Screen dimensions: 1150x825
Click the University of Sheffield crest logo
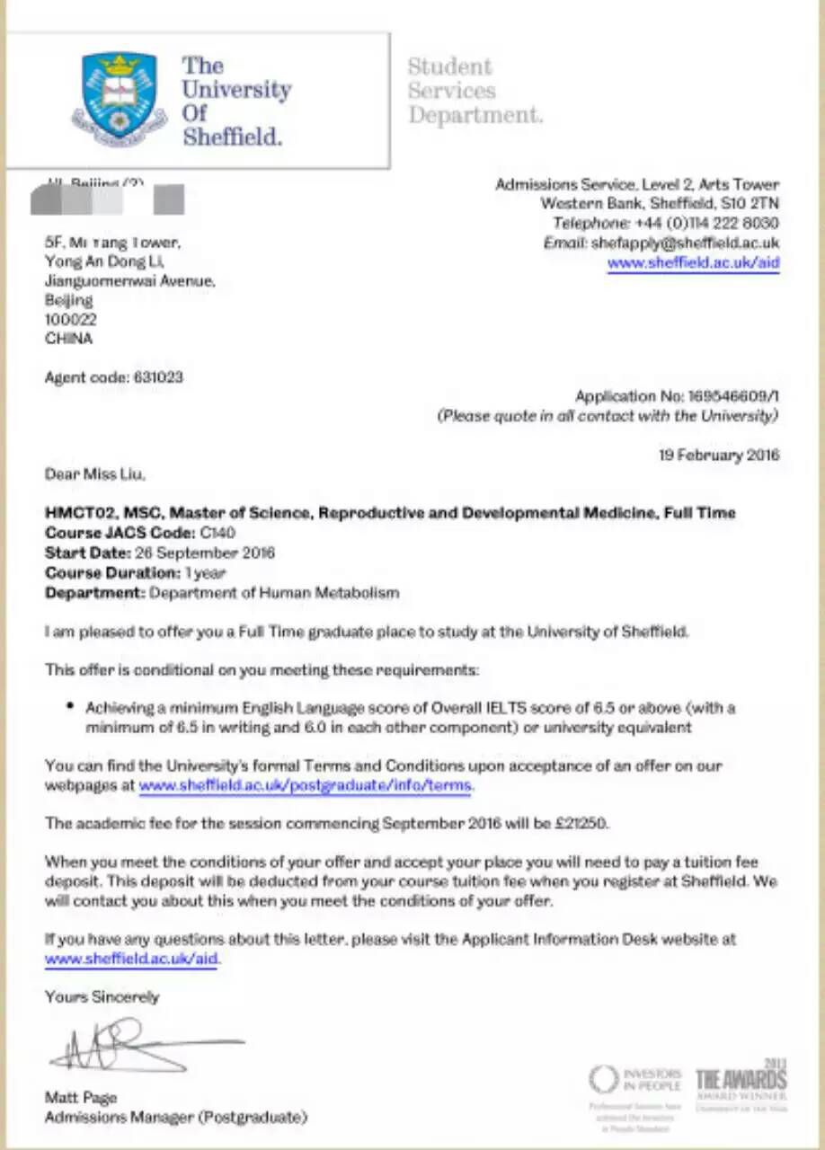pyautogui.click(x=119, y=98)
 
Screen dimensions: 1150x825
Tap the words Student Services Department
pyautogui.click(x=474, y=91)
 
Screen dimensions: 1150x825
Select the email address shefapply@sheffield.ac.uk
pyautogui.click(x=685, y=243)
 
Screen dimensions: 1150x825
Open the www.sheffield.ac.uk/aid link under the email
pyautogui.click(x=693, y=263)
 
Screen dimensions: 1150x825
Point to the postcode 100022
pyautogui.click(x=71, y=319)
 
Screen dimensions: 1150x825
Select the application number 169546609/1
pyautogui.click(x=733, y=396)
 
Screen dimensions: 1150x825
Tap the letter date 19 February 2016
pyautogui.click(x=719, y=455)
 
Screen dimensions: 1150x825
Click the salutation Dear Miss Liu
pyautogui.click(x=94, y=473)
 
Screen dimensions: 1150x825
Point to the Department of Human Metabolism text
pyautogui.click(x=274, y=593)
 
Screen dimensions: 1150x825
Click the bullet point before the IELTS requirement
pyautogui.click(x=70, y=706)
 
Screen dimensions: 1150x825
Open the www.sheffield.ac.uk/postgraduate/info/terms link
pyautogui.click(x=305, y=786)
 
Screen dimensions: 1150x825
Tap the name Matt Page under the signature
pyautogui.click(x=81, y=1098)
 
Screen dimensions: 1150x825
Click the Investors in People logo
pyautogui.click(x=635, y=1079)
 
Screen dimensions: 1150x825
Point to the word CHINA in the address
pyautogui.click(x=68, y=339)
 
